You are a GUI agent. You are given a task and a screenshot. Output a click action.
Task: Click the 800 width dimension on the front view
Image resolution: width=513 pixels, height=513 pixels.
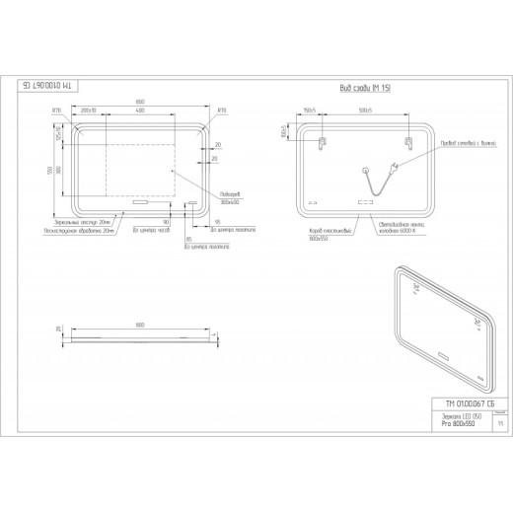click(x=141, y=103)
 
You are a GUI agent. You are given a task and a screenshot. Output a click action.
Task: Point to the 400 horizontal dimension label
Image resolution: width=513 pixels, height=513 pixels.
click(x=140, y=110)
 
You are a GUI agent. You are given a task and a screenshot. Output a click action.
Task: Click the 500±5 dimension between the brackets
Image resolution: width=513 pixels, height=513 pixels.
click(x=363, y=110)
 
